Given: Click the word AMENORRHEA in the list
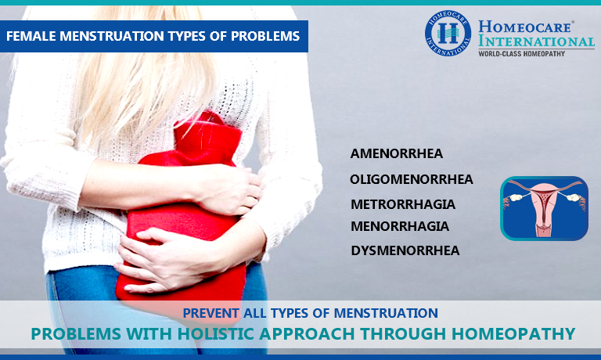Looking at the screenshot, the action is pos(396,153).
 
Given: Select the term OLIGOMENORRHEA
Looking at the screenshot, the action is pos(412,179).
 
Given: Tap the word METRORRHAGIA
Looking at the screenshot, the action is pos(403,204).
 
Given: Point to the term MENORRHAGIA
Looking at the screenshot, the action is pos(400,226).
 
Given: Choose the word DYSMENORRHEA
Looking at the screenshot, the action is pos(405,250).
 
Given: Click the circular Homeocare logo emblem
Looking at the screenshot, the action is pos(448,33).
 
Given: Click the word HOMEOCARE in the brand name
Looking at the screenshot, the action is pos(526,27).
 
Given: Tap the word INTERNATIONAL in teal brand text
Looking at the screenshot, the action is pos(536,41).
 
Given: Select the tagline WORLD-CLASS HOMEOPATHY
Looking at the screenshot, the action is pos(522,54).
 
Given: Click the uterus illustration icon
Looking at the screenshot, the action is pos(545,208).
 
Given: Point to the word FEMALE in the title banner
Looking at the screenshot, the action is pos(31,36).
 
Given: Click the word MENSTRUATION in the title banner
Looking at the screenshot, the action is pos(113,36).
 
